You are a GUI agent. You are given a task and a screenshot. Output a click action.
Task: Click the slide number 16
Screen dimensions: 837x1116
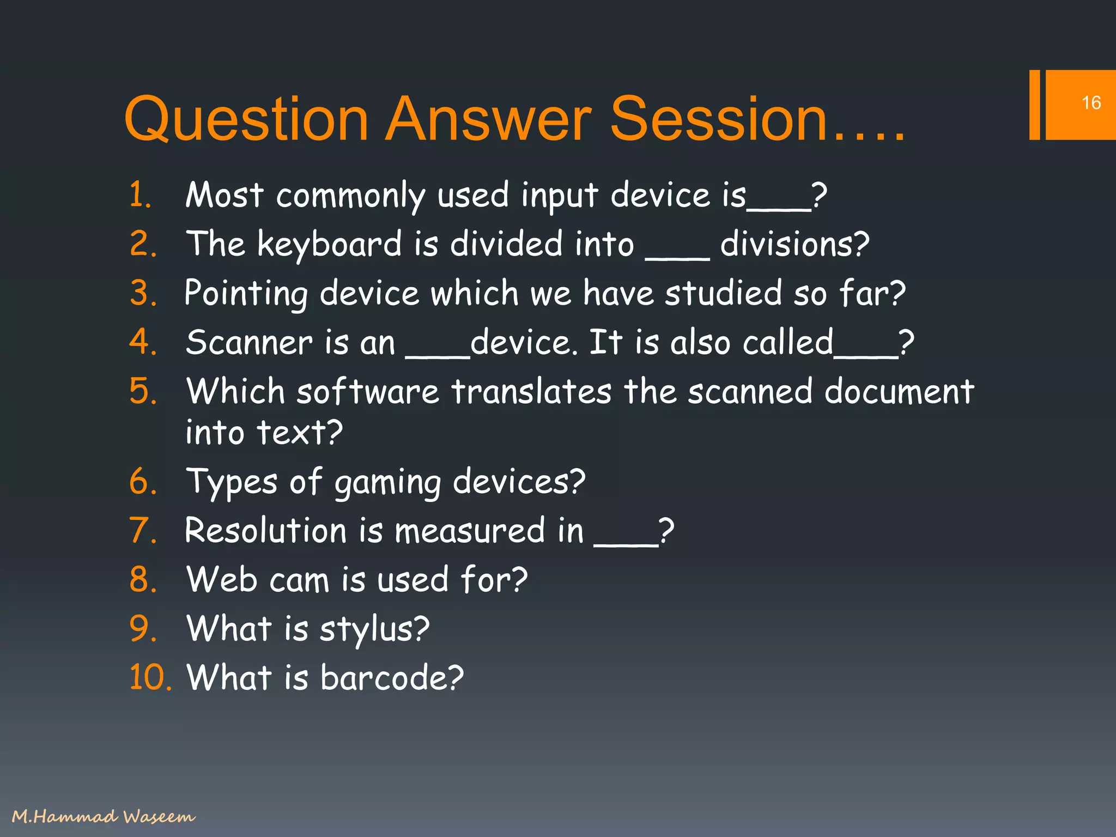pos(1091,103)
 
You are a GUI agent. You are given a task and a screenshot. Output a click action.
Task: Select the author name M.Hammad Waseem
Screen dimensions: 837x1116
pos(103,816)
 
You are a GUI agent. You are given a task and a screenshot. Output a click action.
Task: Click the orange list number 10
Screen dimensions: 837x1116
pos(150,677)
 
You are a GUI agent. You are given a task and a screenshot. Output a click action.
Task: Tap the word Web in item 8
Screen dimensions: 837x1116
pos(221,579)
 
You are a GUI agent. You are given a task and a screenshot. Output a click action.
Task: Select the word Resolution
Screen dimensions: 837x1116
pos(265,530)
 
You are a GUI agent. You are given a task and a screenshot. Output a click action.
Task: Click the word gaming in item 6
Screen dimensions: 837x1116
pos(387,483)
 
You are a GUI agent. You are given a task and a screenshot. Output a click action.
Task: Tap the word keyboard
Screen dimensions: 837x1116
pos(329,244)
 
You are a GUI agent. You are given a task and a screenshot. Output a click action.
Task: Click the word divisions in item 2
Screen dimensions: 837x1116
pos(794,244)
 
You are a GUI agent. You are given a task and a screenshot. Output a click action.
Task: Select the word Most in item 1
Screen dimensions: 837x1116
pos(224,195)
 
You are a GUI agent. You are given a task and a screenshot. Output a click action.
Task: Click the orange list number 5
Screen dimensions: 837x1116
pos(143,392)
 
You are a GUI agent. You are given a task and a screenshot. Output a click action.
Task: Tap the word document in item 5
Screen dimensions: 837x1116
pos(899,392)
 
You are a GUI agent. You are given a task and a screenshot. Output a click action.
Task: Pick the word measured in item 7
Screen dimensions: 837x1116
pos(469,530)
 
